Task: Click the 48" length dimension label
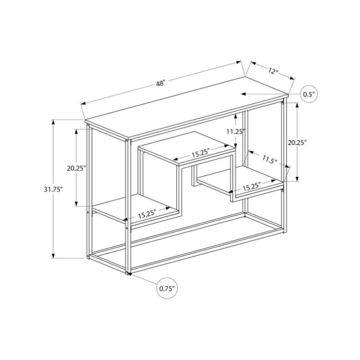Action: [160, 83]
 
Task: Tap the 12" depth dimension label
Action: [273, 71]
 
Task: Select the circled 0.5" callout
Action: [309, 94]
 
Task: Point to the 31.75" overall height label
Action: [53, 189]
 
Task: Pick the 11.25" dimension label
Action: [236, 131]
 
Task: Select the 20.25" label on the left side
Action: [77, 168]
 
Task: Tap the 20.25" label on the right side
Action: [297, 143]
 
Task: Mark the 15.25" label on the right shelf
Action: [252, 187]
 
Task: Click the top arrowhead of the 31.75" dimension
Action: [53, 122]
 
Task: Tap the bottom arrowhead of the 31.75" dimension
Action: [53, 256]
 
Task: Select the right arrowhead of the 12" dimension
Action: [292, 78]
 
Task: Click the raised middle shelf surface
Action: [187, 148]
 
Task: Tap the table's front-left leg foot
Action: [128, 272]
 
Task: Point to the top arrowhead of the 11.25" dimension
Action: [236, 116]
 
